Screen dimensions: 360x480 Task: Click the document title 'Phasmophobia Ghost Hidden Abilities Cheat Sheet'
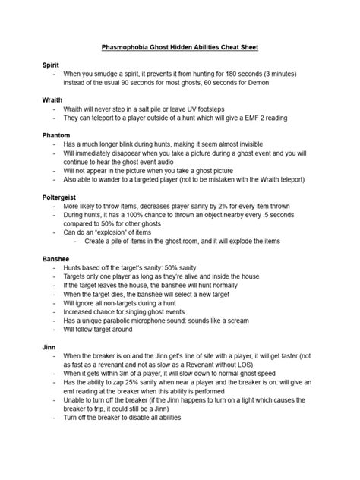click(x=180, y=48)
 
